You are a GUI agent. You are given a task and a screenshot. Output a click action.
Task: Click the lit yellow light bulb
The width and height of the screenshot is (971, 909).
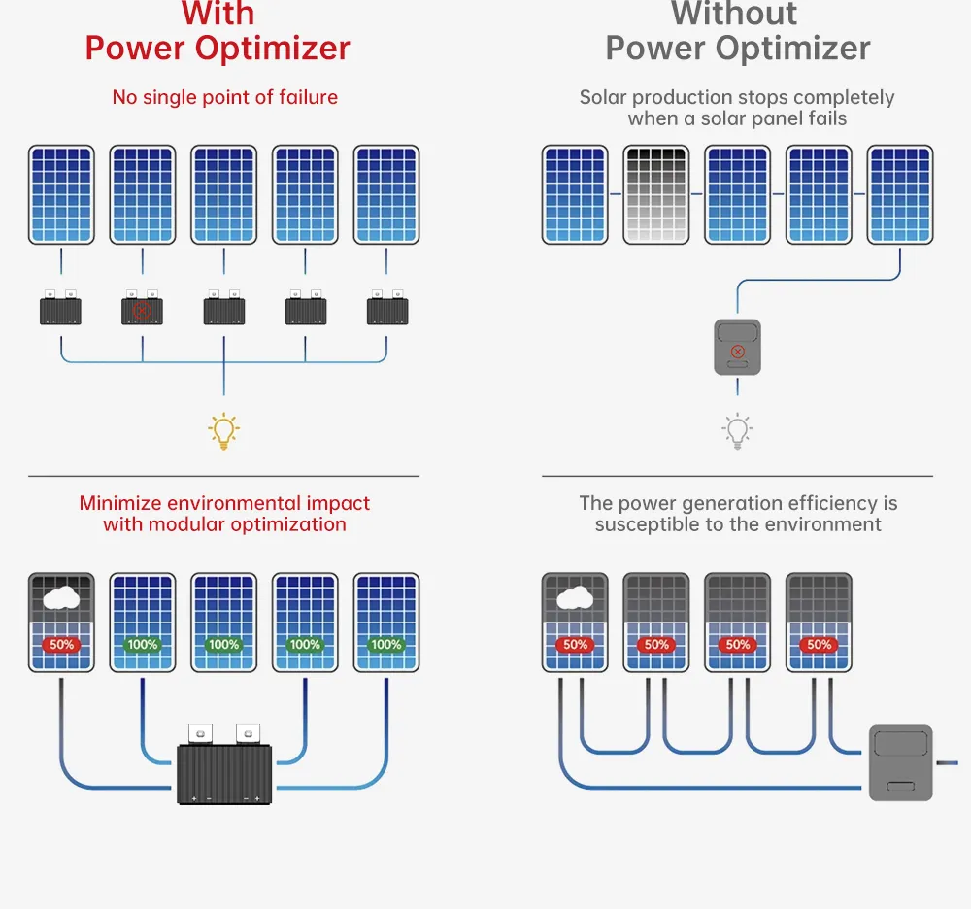tap(224, 430)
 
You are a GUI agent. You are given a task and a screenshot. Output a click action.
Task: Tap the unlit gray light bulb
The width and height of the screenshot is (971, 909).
tap(737, 429)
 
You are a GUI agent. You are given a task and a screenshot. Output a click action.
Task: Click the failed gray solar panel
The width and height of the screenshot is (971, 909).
tap(655, 194)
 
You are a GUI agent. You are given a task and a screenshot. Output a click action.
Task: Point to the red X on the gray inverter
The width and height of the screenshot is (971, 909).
tap(737, 351)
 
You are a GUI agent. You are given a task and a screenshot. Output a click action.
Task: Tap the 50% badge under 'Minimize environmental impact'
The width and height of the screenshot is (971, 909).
tap(61, 644)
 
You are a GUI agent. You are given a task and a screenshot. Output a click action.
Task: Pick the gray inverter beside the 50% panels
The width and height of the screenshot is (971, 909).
tap(900, 762)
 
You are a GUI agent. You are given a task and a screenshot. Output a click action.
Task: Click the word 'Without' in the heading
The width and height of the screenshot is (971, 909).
tap(734, 15)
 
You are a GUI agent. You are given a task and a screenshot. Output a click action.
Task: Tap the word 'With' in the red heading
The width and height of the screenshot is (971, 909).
tap(218, 15)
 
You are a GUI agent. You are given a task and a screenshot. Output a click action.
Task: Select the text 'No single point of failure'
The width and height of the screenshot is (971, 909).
tap(224, 97)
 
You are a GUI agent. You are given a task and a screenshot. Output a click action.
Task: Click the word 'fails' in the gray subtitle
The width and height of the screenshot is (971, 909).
tap(825, 118)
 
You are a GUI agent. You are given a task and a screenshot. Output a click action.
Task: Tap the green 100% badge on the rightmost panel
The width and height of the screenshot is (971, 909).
tap(386, 644)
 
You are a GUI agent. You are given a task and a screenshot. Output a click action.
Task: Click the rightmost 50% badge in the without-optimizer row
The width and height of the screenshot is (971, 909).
tap(819, 644)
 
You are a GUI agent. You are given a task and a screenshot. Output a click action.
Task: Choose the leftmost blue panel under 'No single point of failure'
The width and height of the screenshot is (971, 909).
tap(61, 194)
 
